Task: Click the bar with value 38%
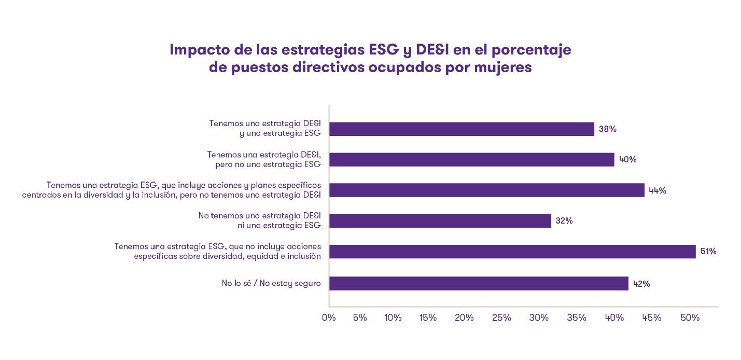tap(462, 129)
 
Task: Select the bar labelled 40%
tap(472, 160)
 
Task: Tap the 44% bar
tap(487, 190)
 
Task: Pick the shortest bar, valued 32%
tap(440, 221)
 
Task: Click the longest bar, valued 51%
tap(512, 252)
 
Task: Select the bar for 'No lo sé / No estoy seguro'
tap(479, 283)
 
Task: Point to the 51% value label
tap(708, 252)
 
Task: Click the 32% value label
tap(564, 221)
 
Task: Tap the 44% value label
tap(658, 190)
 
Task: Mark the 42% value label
tap(641, 284)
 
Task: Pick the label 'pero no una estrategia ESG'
tap(268, 164)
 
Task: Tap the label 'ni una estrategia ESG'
tap(279, 226)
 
